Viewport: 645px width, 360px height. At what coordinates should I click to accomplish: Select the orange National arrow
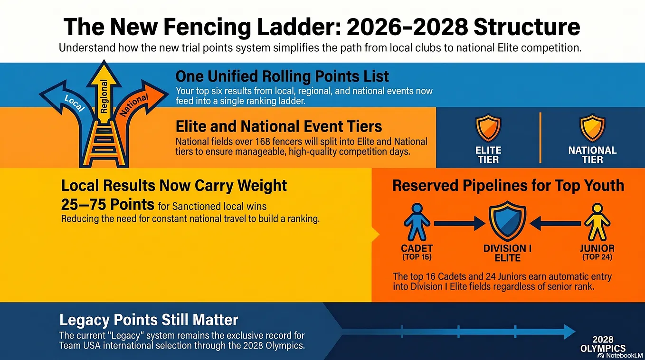135,106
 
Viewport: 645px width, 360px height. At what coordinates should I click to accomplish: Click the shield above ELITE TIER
488,128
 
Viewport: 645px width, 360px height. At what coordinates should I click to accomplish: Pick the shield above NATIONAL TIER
592,128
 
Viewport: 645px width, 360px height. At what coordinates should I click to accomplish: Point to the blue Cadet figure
417,222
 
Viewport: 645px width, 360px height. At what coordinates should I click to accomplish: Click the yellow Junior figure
597,222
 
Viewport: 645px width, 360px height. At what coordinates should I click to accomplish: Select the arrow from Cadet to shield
460,223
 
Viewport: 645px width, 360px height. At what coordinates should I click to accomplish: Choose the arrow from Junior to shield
555,223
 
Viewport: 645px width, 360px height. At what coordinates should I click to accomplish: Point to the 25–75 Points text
108,205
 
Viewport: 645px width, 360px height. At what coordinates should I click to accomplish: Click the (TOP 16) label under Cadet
417,256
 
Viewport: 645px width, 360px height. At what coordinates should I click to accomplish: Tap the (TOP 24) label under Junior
597,256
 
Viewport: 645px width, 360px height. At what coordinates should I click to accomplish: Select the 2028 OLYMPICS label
603,344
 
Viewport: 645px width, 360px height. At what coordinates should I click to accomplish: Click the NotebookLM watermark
620,356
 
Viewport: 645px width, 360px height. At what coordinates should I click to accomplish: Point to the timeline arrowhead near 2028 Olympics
569,332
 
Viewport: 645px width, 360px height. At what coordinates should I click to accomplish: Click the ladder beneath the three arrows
104,144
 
